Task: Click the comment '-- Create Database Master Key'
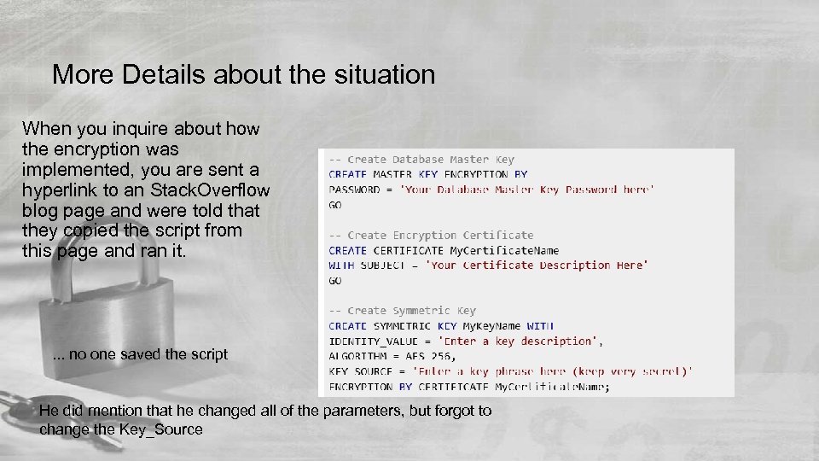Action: (421, 160)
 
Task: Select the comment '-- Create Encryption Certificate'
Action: (431, 235)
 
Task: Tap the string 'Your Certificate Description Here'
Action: (537, 266)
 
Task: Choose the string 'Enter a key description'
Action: (523, 341)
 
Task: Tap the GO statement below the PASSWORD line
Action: (335, 205)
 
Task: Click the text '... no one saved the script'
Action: (140, 354)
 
